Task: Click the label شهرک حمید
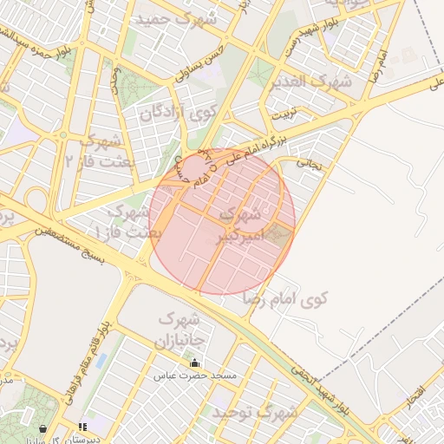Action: tap(170, 16)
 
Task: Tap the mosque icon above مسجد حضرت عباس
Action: tap(194, 362)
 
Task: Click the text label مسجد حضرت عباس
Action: tap(195, 375)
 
